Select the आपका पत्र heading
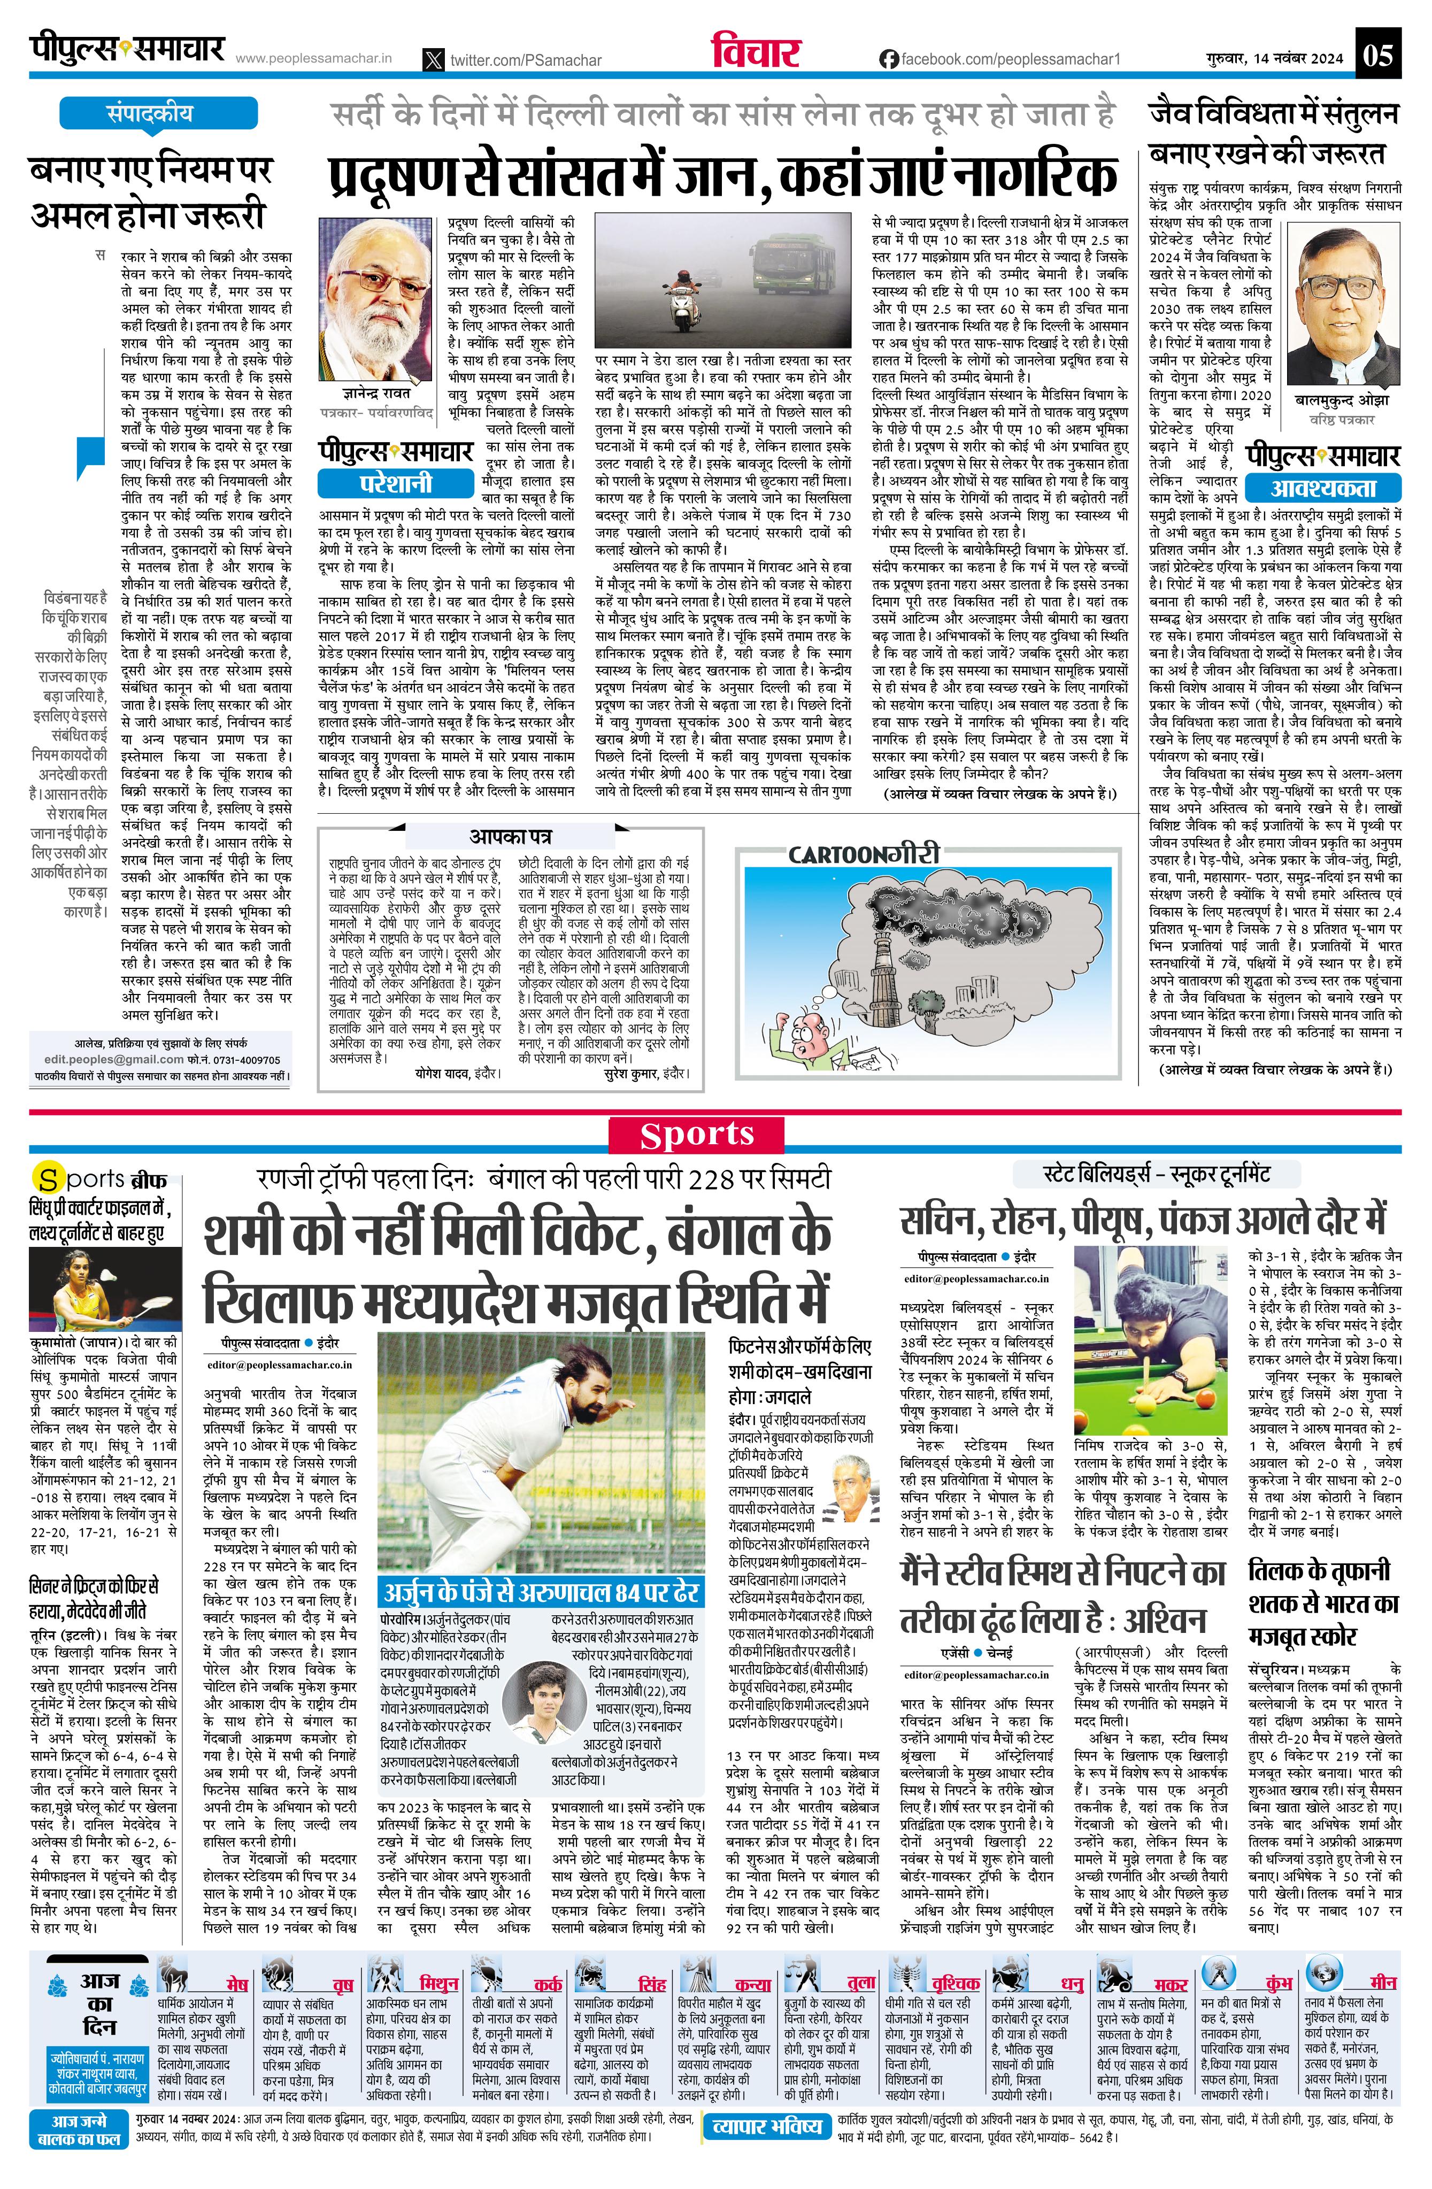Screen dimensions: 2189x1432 tap(511, 836)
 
